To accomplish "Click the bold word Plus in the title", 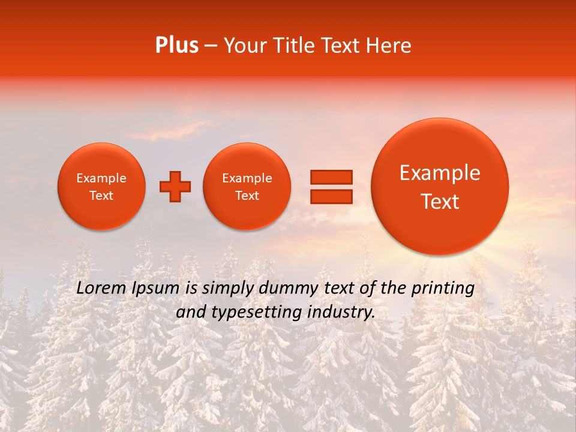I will point(176,46).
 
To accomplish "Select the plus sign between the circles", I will point(175,187).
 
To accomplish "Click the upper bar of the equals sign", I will point(331,177).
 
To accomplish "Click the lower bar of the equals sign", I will point(331,197).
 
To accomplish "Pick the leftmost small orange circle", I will point(101,187).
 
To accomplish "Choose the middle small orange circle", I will point(247,187).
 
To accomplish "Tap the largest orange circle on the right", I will point(440,187).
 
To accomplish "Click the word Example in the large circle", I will point(440,173).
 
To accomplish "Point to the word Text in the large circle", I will point(440,202).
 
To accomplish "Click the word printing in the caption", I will point(443,289).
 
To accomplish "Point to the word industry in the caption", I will point(344,313).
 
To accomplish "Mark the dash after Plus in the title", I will point(211,46).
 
